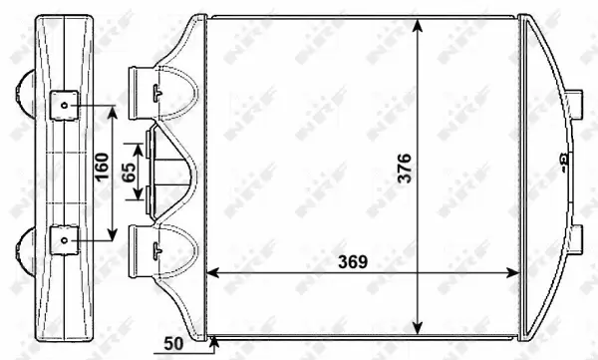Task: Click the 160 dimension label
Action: [102, 172]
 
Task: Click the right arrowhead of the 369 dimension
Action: [512, 271]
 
